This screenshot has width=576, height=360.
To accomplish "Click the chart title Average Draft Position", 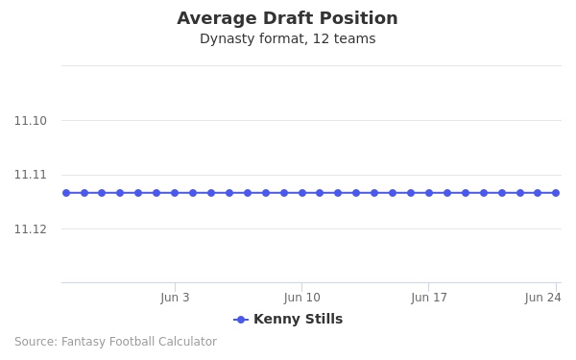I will pos(287,18).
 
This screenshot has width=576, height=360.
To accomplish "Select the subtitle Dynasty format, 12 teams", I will pos(287,39).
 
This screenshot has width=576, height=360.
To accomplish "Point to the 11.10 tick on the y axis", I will pos(31,121).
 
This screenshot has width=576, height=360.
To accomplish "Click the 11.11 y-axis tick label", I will pos(31,175).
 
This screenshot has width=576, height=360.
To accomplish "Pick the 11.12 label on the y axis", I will pos(31,228).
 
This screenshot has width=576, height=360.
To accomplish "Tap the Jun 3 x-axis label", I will pos(175,298).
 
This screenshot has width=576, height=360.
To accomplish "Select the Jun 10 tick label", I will pos(301,298).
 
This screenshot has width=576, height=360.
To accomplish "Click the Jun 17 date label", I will pos(429,298).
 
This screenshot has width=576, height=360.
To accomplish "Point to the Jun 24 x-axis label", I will pos(542,298).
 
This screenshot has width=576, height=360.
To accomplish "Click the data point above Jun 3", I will pos(175,193).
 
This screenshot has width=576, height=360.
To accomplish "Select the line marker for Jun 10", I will pos(302,193).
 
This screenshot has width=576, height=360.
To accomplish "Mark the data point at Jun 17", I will pos(429,193).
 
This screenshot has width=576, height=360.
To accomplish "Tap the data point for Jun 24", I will pos(556,193).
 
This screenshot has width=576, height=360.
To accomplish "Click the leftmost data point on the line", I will pos(66,193).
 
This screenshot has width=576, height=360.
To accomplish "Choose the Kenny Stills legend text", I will pos(298,320).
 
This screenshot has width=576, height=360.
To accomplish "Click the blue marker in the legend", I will pos(241,320).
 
